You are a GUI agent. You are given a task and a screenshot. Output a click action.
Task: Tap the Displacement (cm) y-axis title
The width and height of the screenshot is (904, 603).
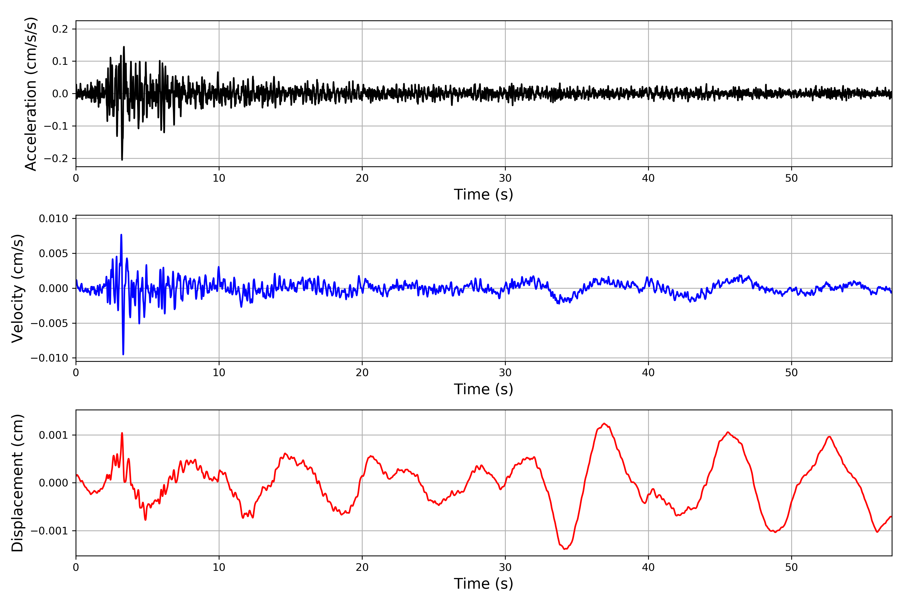click(x=18, y=483)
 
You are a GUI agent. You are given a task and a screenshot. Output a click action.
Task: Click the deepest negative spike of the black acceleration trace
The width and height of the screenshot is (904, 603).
click(x=122, y=159)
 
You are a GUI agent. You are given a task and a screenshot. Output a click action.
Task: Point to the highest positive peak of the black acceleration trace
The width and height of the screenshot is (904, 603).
click(x=124, y=47)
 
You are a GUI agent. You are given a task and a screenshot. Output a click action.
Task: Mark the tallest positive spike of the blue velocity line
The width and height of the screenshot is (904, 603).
click(x=122, y=235)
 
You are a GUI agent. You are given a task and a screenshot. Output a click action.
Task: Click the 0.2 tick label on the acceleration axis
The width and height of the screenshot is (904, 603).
click(x=60, y=29)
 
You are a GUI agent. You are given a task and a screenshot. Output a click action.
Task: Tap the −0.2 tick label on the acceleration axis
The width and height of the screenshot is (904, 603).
click(x=56, y=159)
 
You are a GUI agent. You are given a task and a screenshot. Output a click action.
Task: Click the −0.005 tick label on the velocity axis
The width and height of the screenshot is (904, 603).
click(x=49, y=323)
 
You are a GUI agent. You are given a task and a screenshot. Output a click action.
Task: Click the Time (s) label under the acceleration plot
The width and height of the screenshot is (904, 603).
click(x=484, y=194)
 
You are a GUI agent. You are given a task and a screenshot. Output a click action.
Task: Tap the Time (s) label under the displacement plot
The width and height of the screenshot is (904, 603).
click(x=484, y=583)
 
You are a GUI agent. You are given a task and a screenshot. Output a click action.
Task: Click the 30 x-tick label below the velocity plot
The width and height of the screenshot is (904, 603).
click(x=505, y=373)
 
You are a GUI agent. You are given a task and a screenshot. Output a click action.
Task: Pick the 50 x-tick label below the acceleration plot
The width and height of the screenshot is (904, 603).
click(x=792, y=178)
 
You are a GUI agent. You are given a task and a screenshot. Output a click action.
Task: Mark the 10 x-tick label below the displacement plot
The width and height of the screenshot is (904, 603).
click(x=219, y=567)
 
